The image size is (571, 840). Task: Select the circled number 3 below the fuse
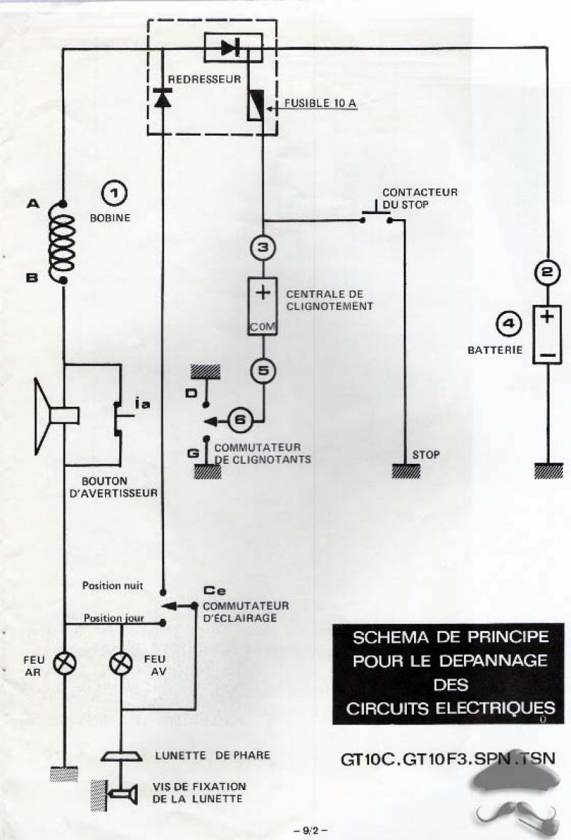coord(263,248)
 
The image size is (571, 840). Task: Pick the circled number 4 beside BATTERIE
coord(508,326)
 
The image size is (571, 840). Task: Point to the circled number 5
coord(263,370)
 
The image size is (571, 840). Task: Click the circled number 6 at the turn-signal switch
coord(240,420)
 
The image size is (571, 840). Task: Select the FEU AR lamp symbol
coord(66,662)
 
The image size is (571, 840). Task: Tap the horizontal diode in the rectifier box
coord(231,48)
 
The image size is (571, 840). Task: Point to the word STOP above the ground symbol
coord(427,454)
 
